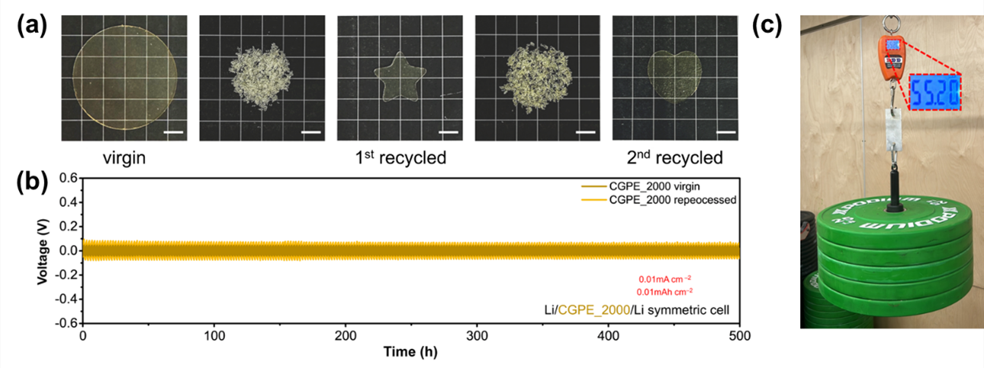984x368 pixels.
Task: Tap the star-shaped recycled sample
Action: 397,77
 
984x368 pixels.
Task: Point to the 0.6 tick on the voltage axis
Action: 67,178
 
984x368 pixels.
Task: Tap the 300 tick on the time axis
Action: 477,336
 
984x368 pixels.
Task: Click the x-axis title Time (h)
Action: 410,353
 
